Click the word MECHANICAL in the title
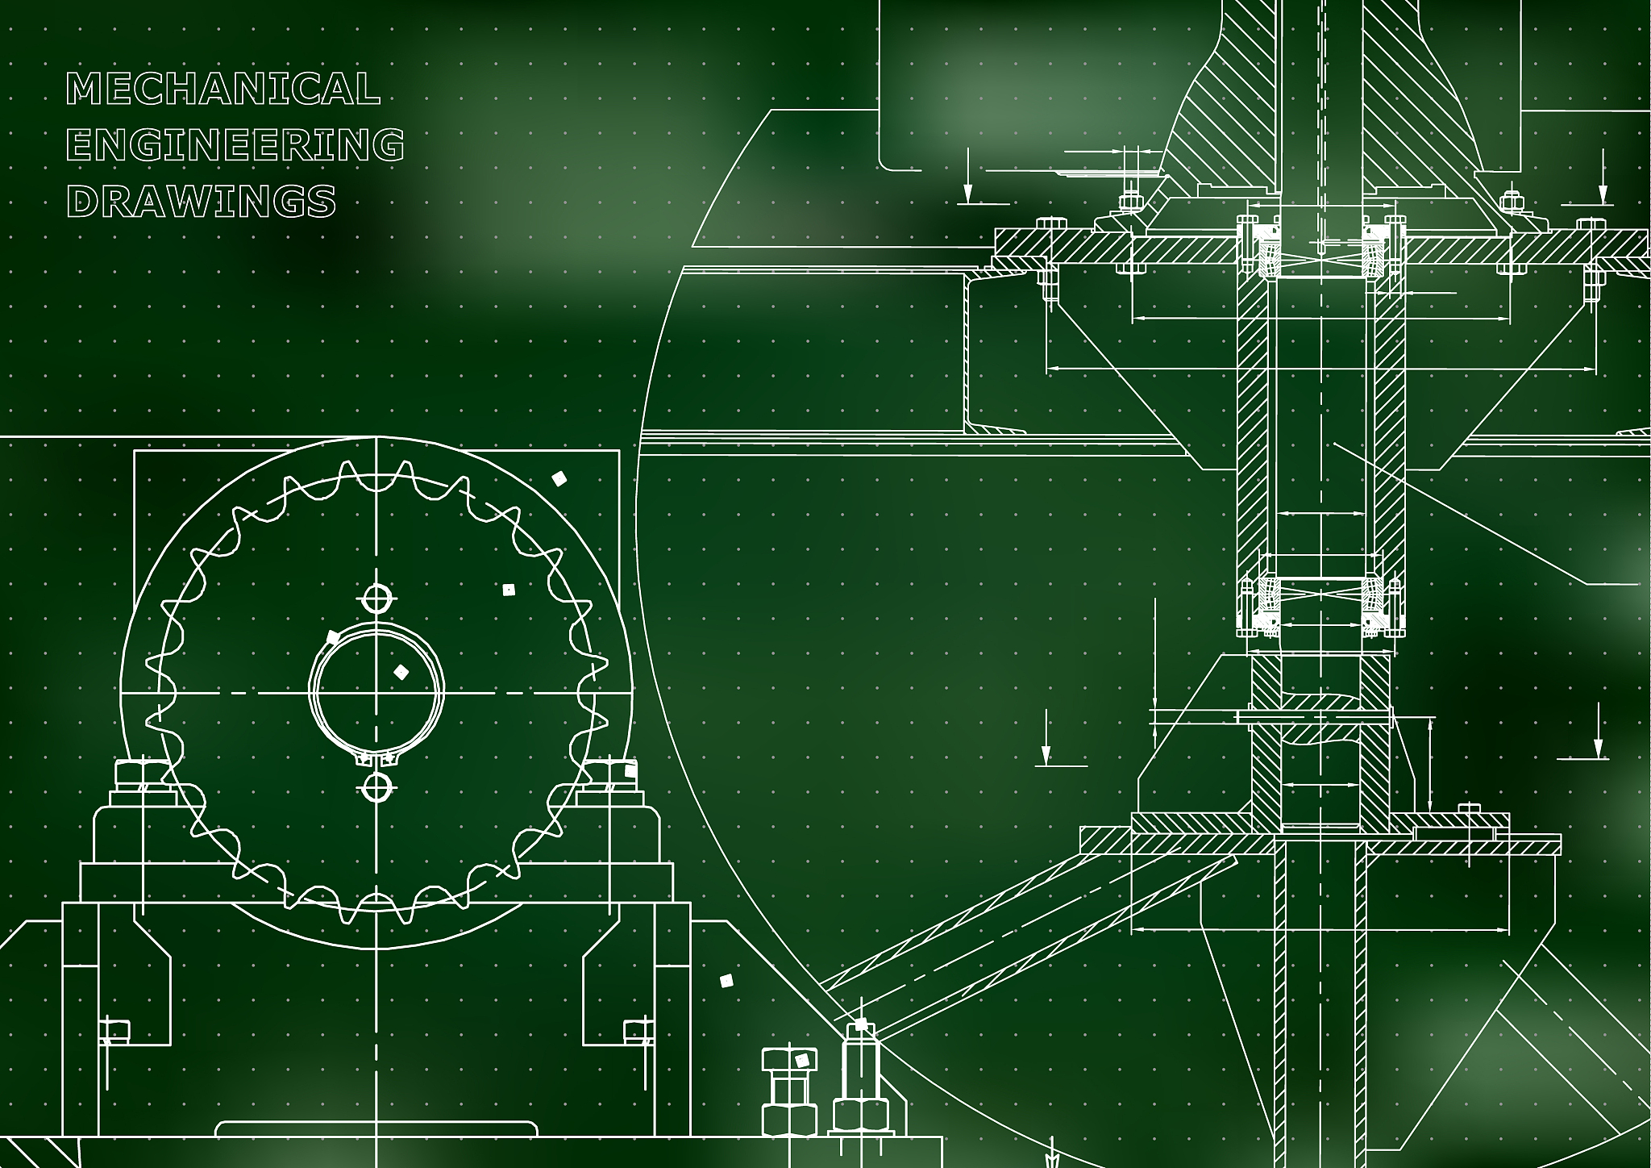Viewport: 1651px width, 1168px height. (x=222, y=89)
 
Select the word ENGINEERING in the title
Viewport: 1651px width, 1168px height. (x=235, y=145)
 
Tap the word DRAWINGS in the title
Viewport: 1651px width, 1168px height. (x=201, y=201)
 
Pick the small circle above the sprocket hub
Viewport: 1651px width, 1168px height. (x=376, y=599)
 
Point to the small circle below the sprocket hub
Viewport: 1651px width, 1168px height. (x=376, y=787)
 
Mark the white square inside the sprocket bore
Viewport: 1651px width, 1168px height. (x=401, y=671)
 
